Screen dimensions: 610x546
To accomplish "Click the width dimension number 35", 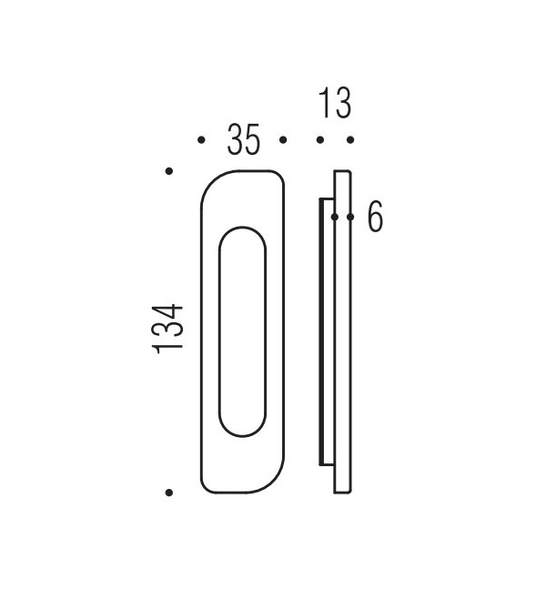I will pyautogui.click(x=243, y=140).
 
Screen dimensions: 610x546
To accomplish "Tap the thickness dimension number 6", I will pyautogui.click(x=374, y=218).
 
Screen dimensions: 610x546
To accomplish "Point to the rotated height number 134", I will pyautogui.click(x=169, y=329).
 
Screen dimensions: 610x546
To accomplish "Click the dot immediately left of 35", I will pyautogui.click(x=201, y=140).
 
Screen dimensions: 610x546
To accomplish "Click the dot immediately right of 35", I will pyautogui.click(x=283, y=140).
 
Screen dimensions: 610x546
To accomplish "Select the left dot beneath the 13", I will pyautogui.click(x=319, y=140).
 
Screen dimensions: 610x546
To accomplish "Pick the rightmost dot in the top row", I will pyautogui.click(x=349, y=140).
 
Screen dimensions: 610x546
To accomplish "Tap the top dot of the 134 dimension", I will pyautogui.click(x=169, y=170).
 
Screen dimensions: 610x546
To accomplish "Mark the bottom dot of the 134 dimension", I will pyautogui.click(x=169, y=493).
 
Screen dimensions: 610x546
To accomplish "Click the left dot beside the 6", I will pyautogui.click(x=335, y=218).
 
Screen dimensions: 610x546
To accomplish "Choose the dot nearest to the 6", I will pyautogui.click(x=350, y=218).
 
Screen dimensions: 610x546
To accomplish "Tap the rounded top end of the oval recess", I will pyautogui.click(x=243, y=230).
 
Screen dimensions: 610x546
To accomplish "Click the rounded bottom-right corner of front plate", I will pyautogui.click(x=273, y=482).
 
